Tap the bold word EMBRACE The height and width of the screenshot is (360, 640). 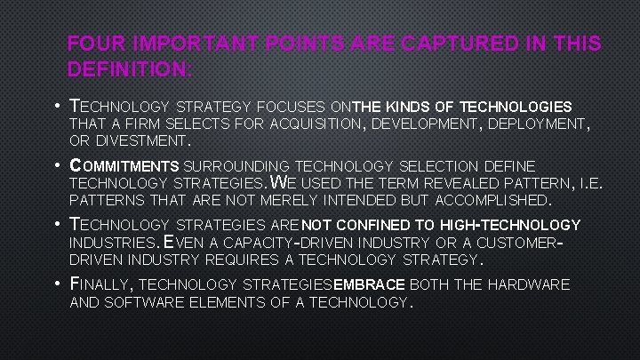point(368,284)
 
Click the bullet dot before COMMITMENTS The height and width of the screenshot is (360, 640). point(56,165)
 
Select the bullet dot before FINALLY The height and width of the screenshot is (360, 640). point(56,284)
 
